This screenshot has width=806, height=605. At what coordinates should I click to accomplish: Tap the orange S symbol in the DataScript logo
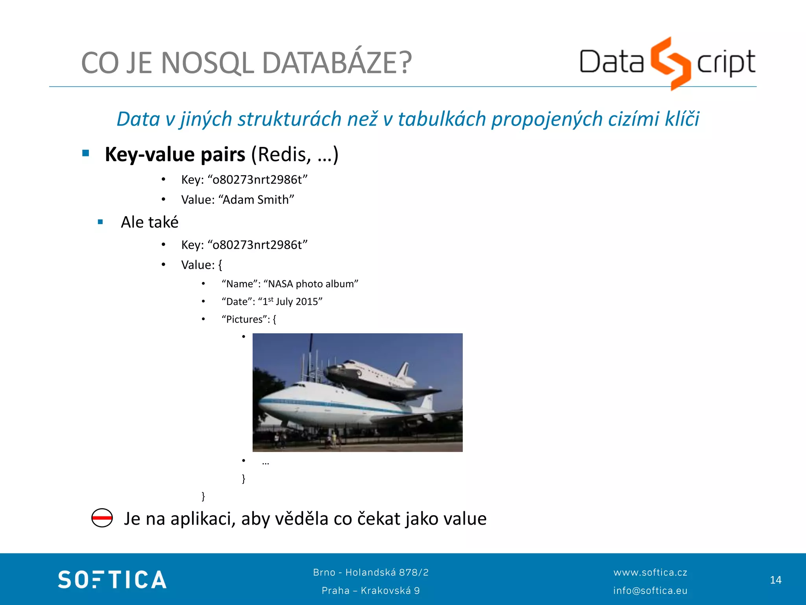tap(670, 63)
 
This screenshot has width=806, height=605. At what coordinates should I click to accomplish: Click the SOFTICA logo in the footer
tap(112, 579)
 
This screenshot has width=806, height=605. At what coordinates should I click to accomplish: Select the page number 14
tap(775, 580)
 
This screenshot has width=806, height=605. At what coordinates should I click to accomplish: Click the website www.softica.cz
tap(650, 572)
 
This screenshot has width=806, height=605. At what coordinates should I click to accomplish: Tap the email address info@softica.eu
tap(650, 590)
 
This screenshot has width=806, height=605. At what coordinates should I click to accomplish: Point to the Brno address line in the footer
tap(371, 572)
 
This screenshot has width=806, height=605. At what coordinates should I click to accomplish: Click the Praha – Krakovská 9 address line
tap(371, 590)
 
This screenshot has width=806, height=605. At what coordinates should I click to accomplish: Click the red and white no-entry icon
tap(102, 518)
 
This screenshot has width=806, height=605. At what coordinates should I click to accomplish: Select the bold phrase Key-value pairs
tap(175, 154)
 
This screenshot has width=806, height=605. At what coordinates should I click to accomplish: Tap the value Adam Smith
tap(258, 200)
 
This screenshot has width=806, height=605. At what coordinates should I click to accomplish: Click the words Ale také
tap(150, 222)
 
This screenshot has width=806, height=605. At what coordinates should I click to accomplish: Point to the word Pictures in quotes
tap(244, 319)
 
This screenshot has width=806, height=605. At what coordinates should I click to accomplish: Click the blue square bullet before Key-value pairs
tap(86, 153)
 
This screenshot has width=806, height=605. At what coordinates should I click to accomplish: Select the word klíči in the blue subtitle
tap(682, 119)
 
